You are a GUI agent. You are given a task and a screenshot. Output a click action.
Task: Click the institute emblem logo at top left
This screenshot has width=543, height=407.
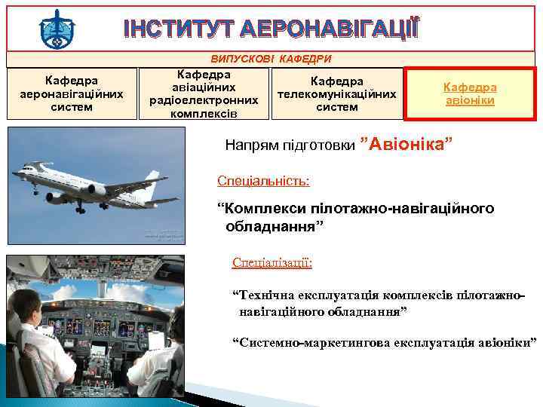click(57, 29)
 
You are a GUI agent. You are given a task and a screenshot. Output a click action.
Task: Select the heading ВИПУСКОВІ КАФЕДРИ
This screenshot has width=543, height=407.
click(271, 59)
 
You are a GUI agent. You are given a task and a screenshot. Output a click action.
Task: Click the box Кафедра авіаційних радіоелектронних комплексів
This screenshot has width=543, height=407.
click(204, 94)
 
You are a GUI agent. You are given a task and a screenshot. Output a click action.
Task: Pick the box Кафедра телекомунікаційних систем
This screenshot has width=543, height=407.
click(337, 93)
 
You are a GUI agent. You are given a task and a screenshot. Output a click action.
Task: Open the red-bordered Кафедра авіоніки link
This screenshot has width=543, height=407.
click(469, 93)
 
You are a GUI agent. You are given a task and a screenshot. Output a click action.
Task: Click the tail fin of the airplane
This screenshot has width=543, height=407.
click(155, 181)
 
